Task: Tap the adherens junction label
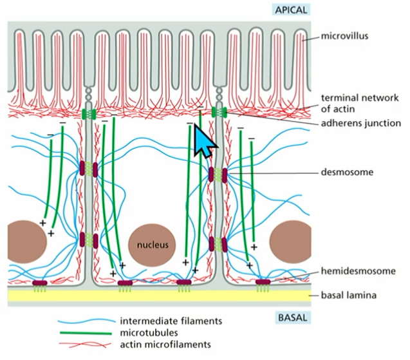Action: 360,122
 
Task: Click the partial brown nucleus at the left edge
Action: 24,240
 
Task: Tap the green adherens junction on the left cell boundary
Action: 89,114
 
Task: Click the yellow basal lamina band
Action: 161,296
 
